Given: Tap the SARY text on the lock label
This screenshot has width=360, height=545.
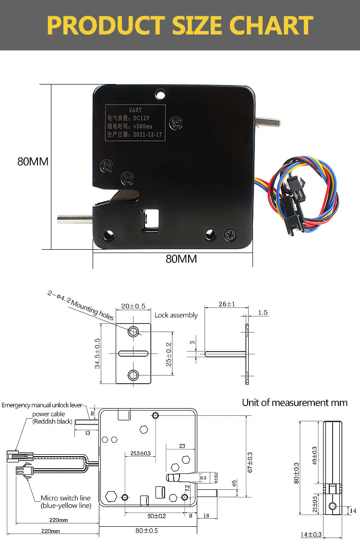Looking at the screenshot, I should point(136,110).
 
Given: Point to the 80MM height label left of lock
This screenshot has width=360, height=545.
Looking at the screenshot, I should point(33,161).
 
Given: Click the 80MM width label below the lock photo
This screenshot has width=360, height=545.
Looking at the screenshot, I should point(181,259).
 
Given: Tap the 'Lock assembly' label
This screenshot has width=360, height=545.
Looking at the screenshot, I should point(176,315).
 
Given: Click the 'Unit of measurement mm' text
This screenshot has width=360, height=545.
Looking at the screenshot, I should point(294,403).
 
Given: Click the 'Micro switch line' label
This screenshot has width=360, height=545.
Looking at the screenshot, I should point(66,498).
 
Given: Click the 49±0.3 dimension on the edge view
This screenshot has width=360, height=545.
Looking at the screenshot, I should point(314,455).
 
